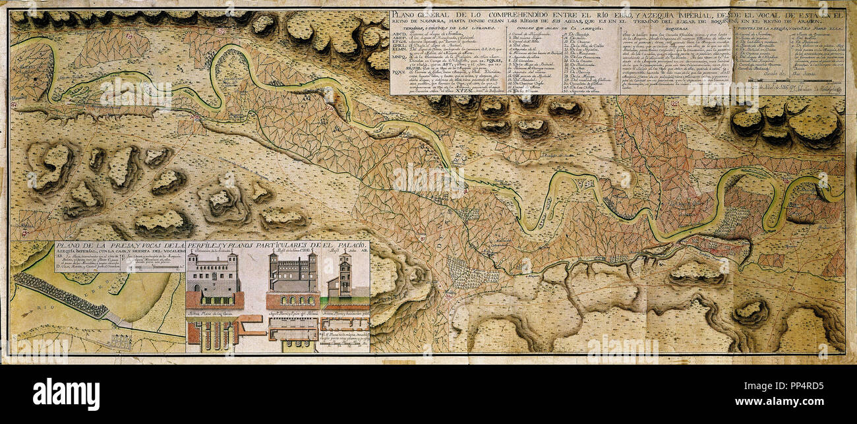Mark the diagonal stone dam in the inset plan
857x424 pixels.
(x=59, y=295)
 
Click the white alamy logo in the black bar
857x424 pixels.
(x=66, y=394)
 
